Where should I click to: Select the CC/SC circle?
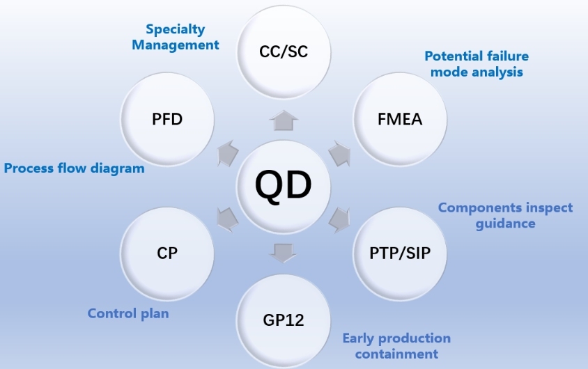[283, 50]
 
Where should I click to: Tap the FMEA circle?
[399, 118]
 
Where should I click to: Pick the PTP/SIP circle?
[399, 252]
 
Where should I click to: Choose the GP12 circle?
[283, 320]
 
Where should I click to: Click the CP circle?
[167, 252]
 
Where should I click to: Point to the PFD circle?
[167, 118]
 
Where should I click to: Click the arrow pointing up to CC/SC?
[284, 120]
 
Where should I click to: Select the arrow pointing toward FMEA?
[339, 154]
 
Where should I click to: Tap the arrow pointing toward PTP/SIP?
[339, 219]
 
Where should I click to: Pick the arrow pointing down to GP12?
[284, 252]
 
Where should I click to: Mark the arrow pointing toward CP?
[228, 219]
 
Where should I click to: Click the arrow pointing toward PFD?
[228, 154]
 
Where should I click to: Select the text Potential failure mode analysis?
[477, 63]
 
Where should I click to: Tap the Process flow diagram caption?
[74, 168]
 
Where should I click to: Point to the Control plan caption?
[128, 313]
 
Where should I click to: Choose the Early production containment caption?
[396, 346]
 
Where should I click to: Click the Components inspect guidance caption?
[505, 215]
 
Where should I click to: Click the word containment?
[396, 354]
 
